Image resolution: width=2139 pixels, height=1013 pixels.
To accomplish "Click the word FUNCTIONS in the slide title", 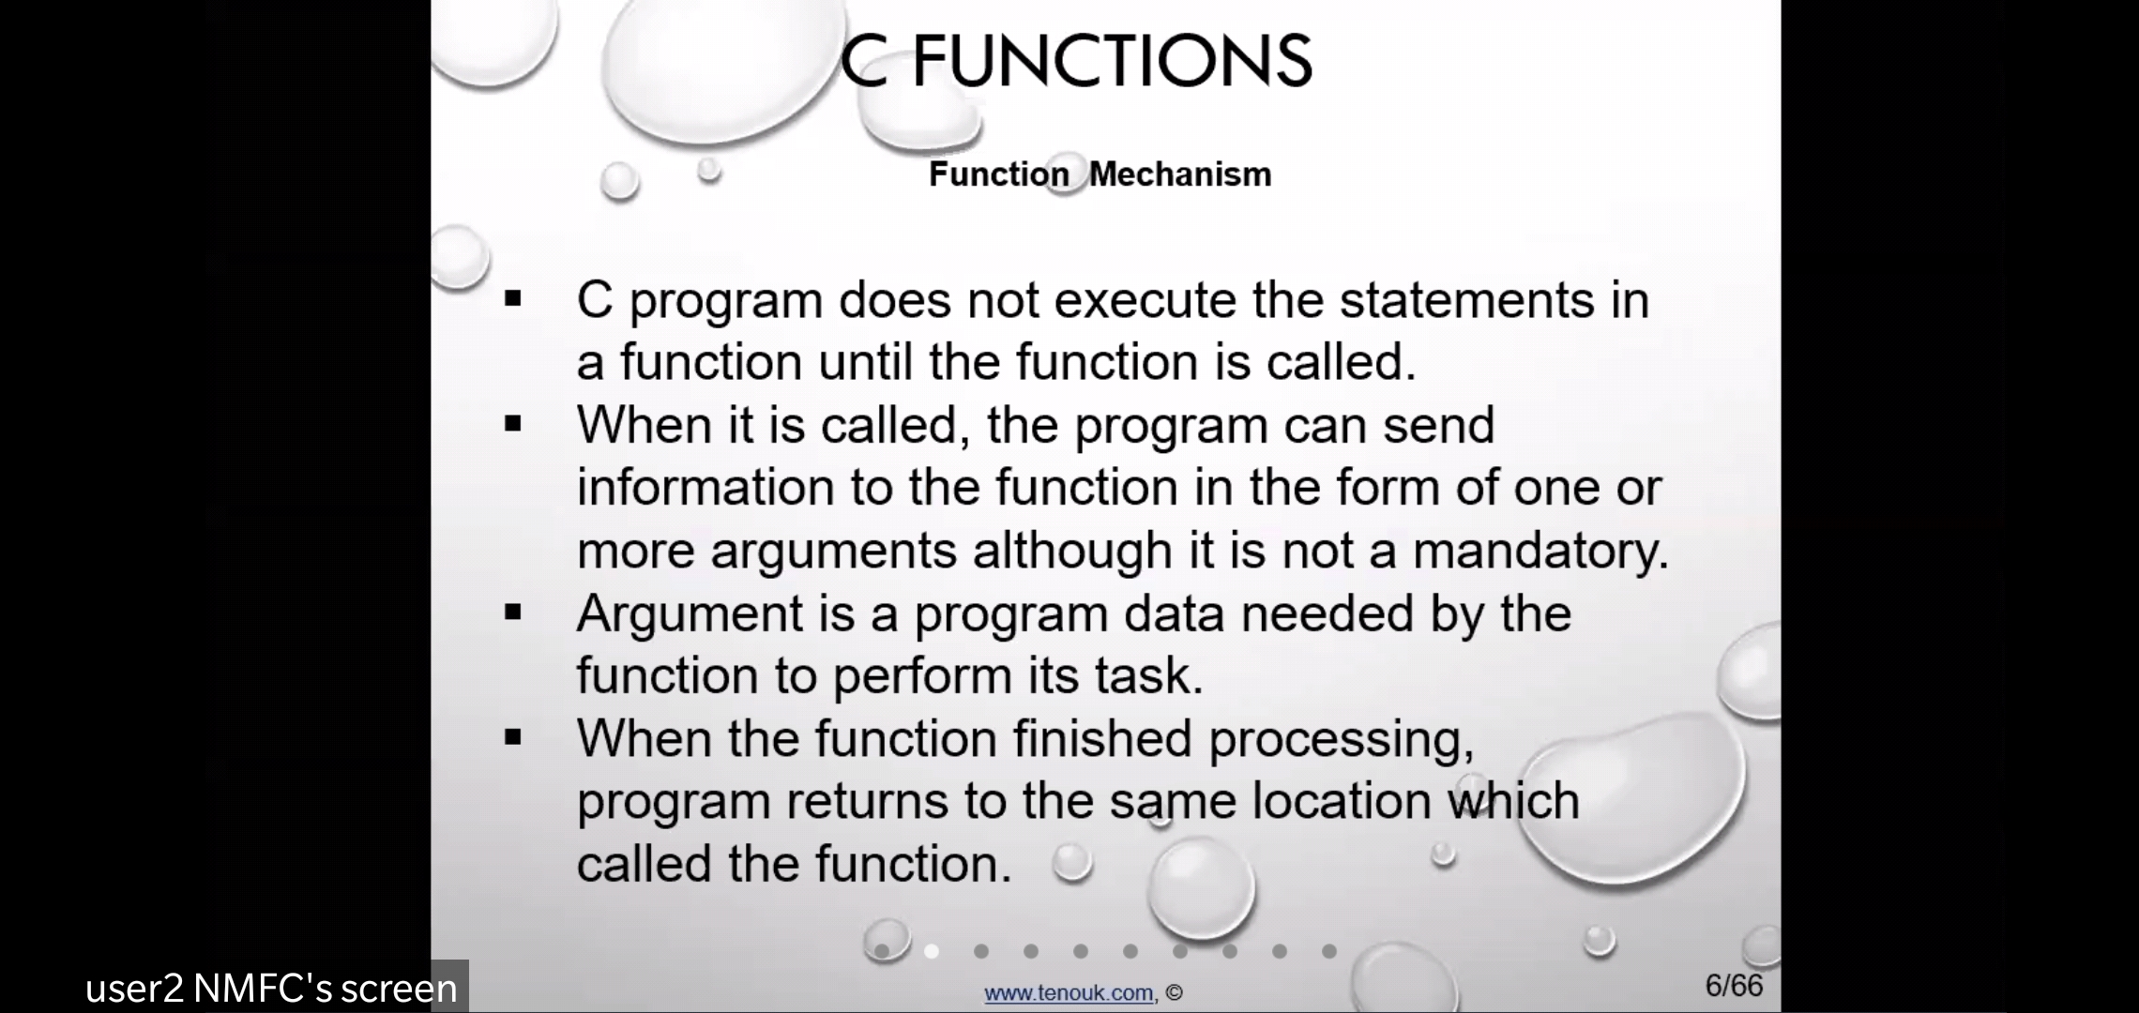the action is pos(1112,61).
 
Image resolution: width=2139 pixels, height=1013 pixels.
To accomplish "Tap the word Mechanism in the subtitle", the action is pos(1180,174).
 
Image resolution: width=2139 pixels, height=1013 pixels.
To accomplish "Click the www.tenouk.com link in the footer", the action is pos(1069,992).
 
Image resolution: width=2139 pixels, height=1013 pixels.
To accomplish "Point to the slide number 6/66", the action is pos(1734,986).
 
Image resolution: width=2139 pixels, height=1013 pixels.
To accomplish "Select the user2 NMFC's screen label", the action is pos(271,988).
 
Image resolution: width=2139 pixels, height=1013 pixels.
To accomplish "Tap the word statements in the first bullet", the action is pos(1467,300).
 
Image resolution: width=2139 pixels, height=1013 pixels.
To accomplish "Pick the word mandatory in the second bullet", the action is pos(1540,551).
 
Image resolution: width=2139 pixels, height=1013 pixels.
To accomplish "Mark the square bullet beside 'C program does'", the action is pos(512,300).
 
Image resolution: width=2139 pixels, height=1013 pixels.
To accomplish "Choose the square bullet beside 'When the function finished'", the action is pos(512,738).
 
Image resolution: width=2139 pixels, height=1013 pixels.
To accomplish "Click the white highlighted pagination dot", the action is pos(932,951).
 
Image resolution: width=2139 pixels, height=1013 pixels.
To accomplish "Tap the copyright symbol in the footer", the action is pos(1175,993).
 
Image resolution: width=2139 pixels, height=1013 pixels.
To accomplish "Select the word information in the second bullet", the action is pos(705,488).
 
